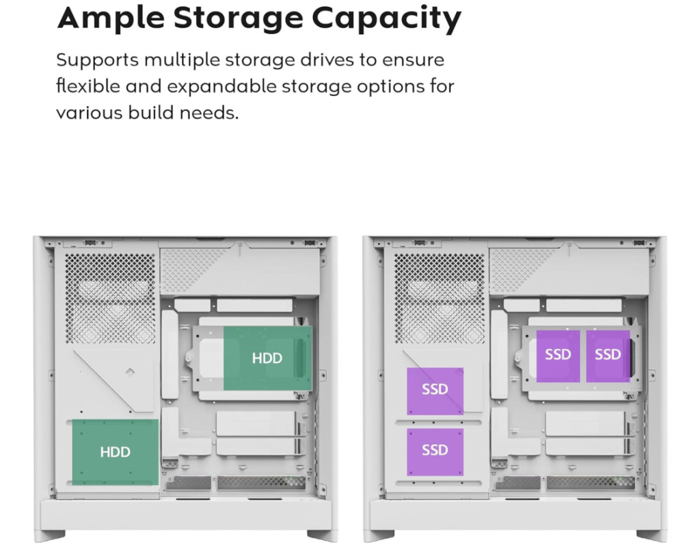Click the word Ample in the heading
tap(110, 19)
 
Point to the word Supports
tap(97, 60)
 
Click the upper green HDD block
tap(267, 358)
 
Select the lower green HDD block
tap(115, 452)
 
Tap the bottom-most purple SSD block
tap(435, 451)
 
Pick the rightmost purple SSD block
tap(608, 356)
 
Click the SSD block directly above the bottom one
tap(435, 390)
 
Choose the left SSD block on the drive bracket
tap(558, 356)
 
